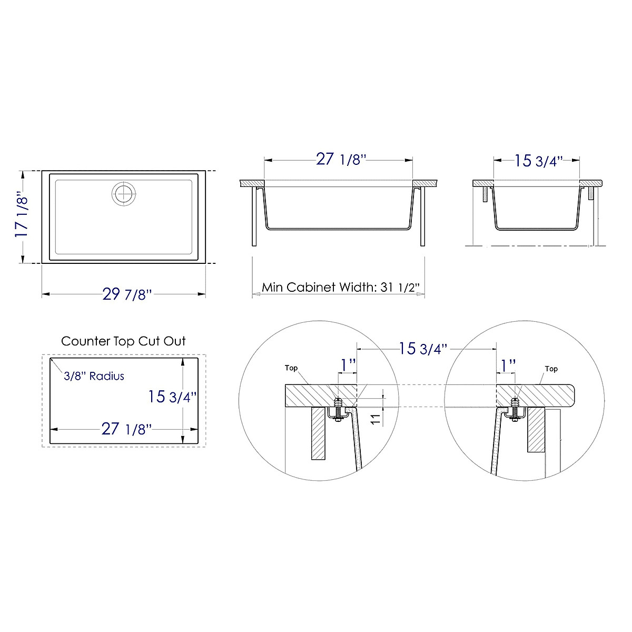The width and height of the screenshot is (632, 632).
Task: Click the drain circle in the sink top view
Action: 124,193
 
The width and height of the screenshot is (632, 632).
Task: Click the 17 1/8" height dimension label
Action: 21,216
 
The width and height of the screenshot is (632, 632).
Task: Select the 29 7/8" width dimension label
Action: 127,294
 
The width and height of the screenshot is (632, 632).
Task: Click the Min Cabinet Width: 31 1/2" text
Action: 340,288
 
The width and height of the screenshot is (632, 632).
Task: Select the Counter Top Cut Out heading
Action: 123,341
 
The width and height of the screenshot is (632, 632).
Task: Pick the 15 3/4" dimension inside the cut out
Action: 172,396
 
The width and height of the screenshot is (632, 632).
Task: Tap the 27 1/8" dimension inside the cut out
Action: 126,429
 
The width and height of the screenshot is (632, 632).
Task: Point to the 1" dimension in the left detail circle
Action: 347,365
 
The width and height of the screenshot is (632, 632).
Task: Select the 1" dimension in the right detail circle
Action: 508,365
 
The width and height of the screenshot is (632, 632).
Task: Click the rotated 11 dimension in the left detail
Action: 375,420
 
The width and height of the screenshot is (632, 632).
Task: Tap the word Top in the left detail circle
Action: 291,368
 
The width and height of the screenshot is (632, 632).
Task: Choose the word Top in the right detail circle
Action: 551,369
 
